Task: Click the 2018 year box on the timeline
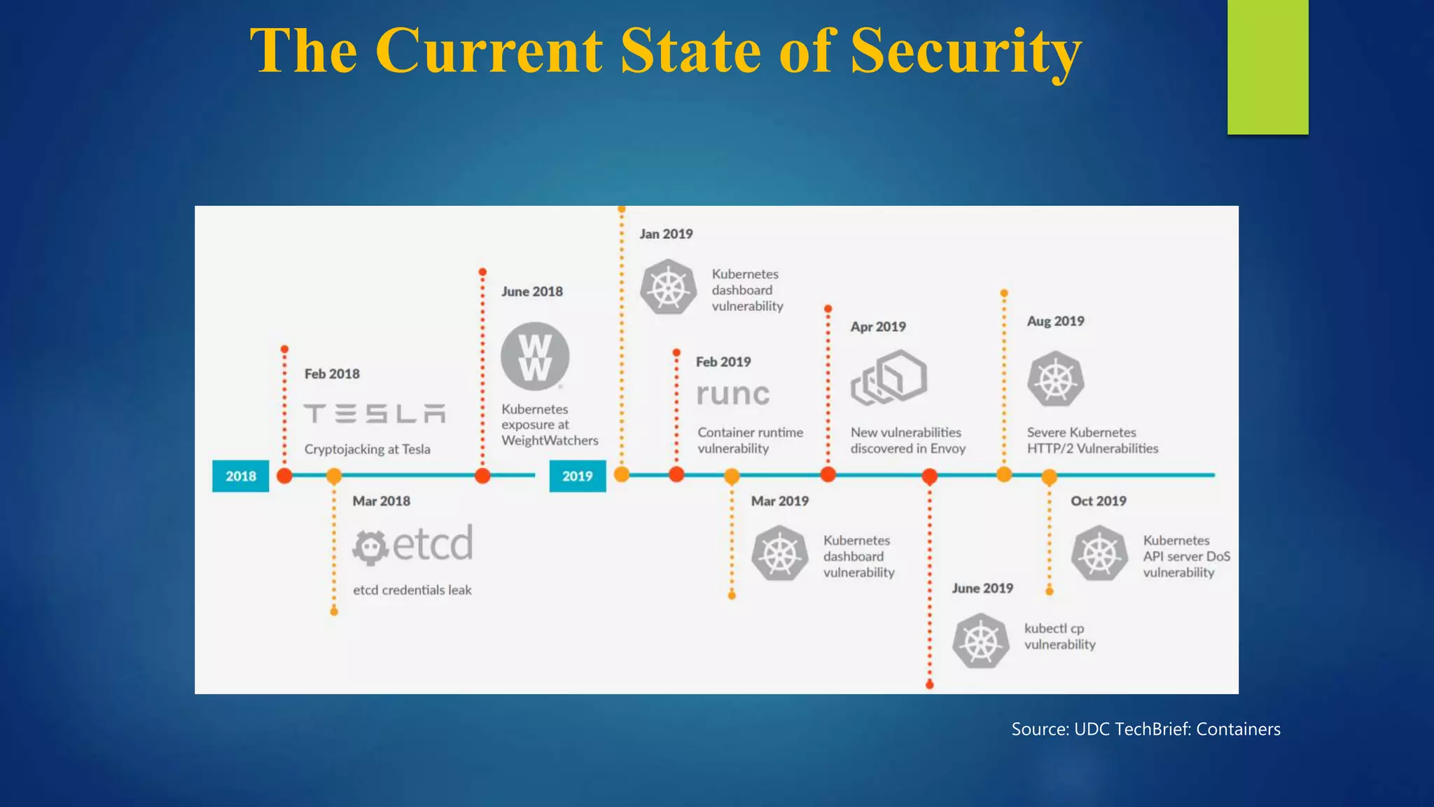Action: [x=240, y=476]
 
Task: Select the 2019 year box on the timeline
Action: [x=577, y=476]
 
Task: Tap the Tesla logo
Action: [x=375, y=413]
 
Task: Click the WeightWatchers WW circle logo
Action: [x=535, y=357]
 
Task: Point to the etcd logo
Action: [x=412, y=544]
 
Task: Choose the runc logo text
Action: [x=733, y=394]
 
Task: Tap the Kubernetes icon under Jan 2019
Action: [x=669, y=287]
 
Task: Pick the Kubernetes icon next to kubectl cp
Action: [x=980, y=641]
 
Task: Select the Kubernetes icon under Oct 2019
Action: [x=1099, y=554]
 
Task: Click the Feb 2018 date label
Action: [x=332, y=374]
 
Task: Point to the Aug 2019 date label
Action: [x=1055, y=322]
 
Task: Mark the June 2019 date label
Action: [x=982, y=588]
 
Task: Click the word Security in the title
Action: [x=966, y=50]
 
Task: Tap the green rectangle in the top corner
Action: [x=1267, y=67]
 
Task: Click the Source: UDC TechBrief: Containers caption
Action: [x=1146, y=729]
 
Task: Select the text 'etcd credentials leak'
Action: [x=412, y=591]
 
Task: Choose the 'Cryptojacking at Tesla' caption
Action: [x=367, y=450]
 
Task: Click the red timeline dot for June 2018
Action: [x=482, y=476]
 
